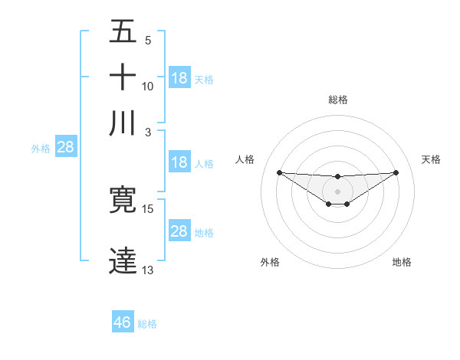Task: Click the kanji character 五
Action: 123,33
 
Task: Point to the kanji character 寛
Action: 123,200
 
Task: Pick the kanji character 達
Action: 123,260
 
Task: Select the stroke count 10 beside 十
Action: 148,86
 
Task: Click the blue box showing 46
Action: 123,322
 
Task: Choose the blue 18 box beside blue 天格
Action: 179,78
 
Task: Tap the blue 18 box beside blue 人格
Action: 179,162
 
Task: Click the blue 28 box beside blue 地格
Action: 179,231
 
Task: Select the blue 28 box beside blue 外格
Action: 65,148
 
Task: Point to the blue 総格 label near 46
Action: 147,324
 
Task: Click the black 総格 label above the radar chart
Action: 337,100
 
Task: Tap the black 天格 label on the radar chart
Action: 432,159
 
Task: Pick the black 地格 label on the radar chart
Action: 402,262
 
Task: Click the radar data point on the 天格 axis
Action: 396,172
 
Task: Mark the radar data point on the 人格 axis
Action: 279,172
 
